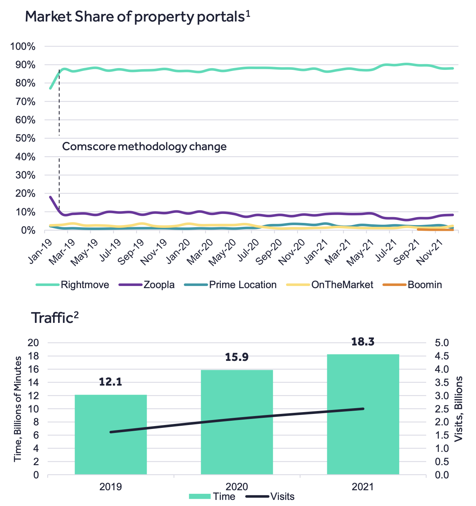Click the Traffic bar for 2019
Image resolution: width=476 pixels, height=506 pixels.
click(x=111, y=434)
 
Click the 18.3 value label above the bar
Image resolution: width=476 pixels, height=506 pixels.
click(x=363, y=342)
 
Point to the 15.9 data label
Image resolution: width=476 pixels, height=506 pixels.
click(x=237, y=357)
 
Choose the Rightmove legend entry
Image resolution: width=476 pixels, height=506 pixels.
click(x=72, y=285)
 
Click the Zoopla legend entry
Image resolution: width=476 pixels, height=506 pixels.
click(x=147, y=285)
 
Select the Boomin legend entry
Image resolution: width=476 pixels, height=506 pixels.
click(x=413, y=285)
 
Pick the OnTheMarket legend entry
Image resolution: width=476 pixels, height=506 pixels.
click(x=330, y=285)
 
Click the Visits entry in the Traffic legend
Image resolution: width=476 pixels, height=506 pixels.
click(x=270, y=497)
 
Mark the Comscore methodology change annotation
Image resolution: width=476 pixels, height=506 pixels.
click(x=144, y=147)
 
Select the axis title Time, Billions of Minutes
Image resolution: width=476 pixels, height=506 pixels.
click(x=17, y=409)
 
